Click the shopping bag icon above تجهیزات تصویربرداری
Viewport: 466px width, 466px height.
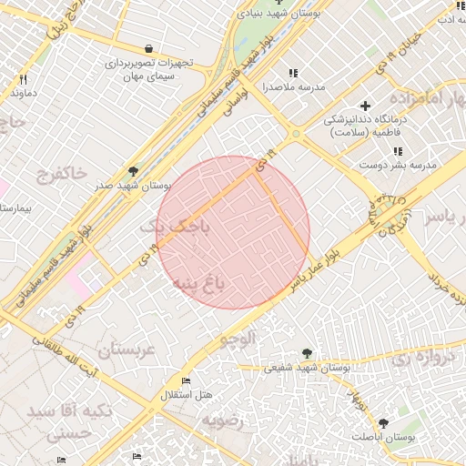(148, 48)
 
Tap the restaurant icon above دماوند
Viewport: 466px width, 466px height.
(23, 79)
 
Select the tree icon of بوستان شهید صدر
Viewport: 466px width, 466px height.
(134, 170)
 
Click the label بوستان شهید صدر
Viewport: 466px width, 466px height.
(133, 185)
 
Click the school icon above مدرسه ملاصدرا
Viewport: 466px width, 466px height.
(292, 73)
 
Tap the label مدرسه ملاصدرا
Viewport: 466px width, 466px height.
(293, 87)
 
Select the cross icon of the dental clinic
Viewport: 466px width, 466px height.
(366, 106)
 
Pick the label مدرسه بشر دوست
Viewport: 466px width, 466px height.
(402, 165)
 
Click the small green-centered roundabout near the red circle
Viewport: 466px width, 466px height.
(296, 135)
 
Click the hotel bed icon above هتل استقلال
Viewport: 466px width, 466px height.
(187, 380)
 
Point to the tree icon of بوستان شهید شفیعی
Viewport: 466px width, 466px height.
(307, 354)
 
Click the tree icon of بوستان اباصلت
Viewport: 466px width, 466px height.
(383, 423)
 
